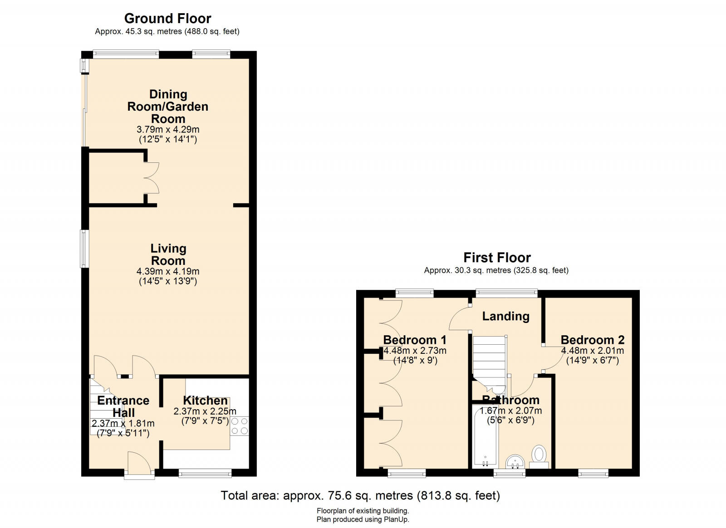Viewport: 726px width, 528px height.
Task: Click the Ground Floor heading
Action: point(167,19)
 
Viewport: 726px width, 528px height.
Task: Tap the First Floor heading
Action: point(497,258)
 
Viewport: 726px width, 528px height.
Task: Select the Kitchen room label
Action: point(205,401)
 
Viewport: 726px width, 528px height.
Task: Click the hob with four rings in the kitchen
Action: point(240,426)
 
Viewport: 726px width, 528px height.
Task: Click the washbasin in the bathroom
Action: point(515,462)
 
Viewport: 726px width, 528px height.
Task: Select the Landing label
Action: point(505,316)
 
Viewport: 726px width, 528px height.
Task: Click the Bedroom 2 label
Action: point(592,340)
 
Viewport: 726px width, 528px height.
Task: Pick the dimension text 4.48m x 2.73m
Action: point(415,351)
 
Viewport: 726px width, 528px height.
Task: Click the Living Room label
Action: point(168,254)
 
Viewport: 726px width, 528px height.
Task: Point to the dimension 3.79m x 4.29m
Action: point(168,129)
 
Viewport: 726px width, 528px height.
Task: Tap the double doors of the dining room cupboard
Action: point(152,178)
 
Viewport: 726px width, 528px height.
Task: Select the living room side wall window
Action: point(84,249)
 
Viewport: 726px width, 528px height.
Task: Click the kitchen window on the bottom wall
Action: point(205,474)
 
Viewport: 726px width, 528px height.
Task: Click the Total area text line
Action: point(360,495)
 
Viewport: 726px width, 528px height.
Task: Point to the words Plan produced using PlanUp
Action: point(363,520)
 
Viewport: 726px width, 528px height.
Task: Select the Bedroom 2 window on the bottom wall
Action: point(594,474)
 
